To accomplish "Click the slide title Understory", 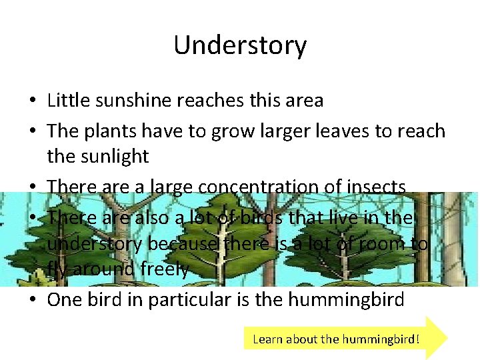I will (240, 45).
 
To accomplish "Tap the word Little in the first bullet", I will (65, 101).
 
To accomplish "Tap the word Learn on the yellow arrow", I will (267, 339).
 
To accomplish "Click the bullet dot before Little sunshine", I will (32, 101).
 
